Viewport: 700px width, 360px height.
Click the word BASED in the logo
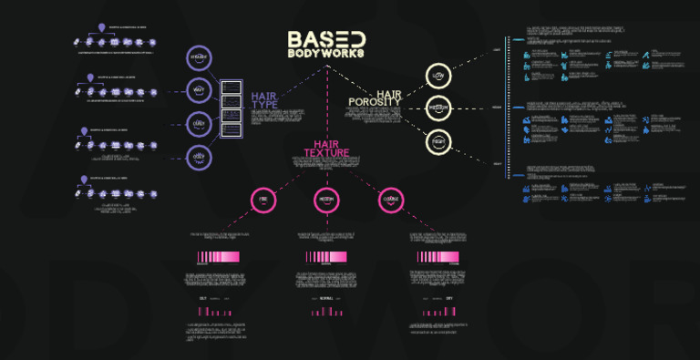pos(326,39)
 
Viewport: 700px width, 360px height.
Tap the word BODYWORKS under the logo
pos(326,54)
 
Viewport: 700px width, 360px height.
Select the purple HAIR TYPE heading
pos(264,100)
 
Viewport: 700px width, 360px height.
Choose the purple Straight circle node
pos(199,58)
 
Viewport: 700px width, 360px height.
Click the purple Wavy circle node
pos(199,90)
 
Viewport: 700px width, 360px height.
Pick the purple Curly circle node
pos(199,123)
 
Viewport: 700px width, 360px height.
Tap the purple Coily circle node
pos(199,156)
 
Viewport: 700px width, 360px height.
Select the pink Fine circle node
pos(263,200)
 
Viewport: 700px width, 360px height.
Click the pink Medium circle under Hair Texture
pos(326,200)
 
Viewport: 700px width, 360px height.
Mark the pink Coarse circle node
pos(389,200)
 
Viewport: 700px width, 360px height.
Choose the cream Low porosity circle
pos(438,76)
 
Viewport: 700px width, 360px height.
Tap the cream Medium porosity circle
pos(438,108)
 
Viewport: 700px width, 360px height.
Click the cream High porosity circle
pos(438,141)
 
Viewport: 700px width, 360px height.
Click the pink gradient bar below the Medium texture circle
pos(326,257)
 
